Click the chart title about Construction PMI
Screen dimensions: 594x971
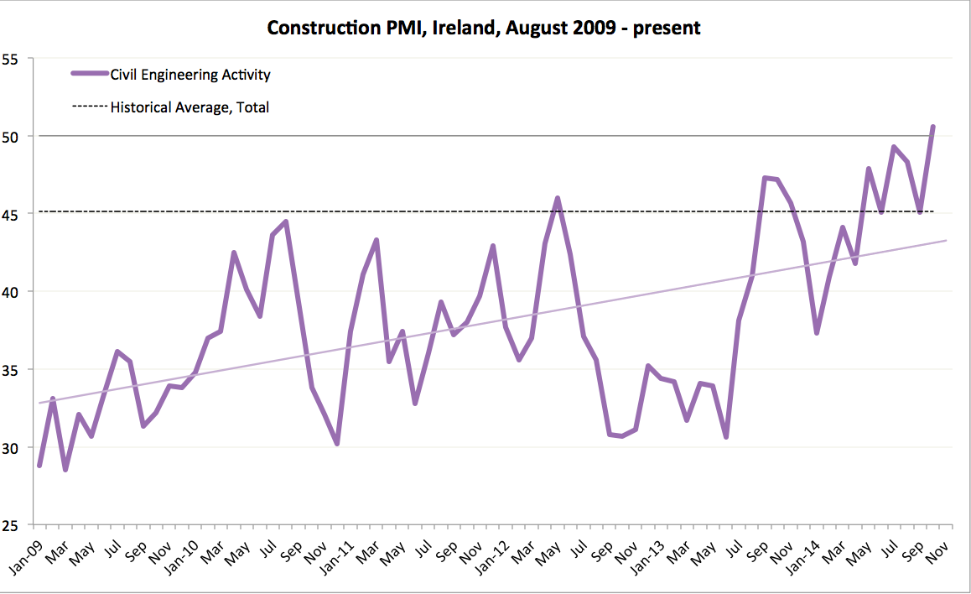coord(484,28)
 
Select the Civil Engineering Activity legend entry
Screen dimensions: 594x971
coord(190,75)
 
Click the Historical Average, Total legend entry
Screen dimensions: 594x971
coord(190,107)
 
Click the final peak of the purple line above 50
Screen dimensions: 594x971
coord(933,127)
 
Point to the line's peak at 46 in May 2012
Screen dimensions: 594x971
coord(558,198)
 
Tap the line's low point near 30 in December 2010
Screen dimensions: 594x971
coord(337,444)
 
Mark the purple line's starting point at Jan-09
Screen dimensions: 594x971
coord(39,466)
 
